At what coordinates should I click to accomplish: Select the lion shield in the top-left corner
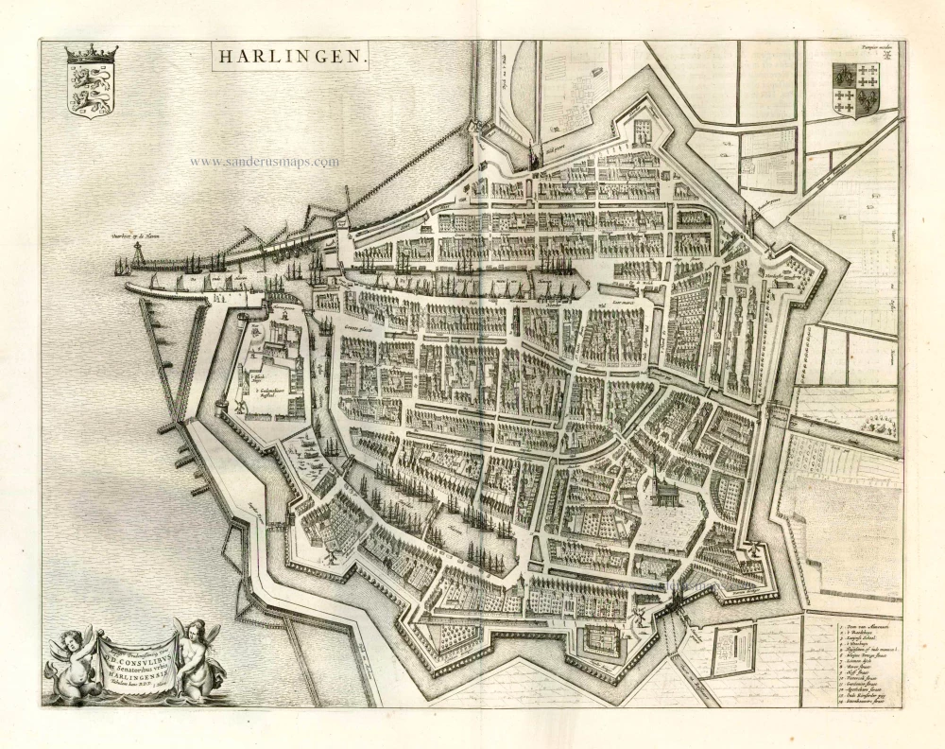click(91, 88)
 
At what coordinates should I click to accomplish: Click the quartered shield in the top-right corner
click(855, 89)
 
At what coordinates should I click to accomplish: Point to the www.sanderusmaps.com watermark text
click(264, 162)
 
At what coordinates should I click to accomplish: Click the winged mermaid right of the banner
click(199, 653)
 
